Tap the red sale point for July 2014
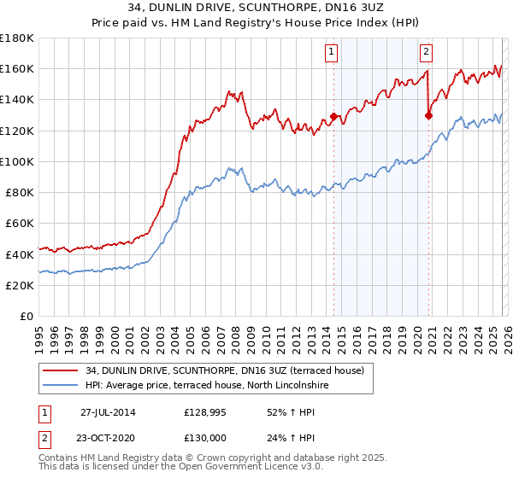coord(333,116)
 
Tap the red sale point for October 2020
coord(429,115)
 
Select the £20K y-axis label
coord(20,285)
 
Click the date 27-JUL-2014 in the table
coord(108,411)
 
